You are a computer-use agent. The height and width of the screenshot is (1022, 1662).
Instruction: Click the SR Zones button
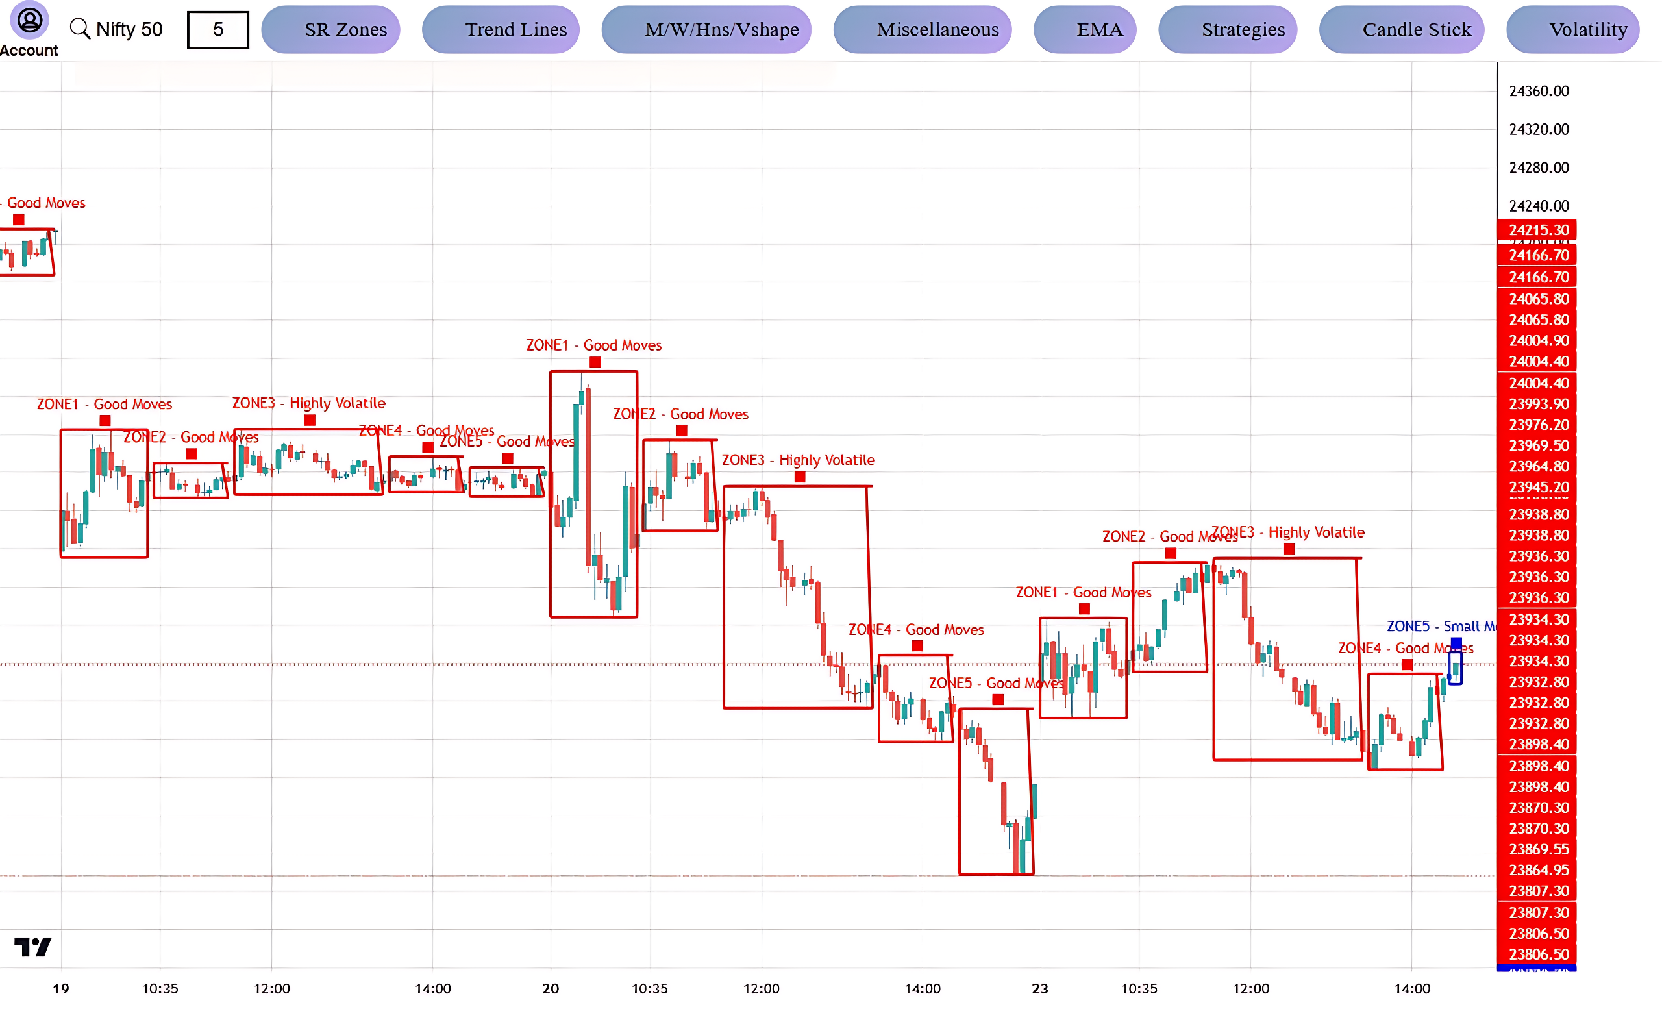point(330,30)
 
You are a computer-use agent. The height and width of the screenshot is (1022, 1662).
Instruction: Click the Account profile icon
point(30,20)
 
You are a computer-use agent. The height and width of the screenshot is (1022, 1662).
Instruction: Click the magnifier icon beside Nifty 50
point(80,29)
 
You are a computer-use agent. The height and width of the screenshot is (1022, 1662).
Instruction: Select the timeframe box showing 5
point(217,30)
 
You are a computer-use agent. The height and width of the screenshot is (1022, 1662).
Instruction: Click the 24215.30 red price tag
point(1537,230)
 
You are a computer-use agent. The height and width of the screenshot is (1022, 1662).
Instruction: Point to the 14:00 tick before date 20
point(432,988)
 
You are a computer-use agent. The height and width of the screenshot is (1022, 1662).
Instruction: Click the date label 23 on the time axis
point(1039,988)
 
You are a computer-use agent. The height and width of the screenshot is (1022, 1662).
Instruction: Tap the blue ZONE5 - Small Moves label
point(1441,626)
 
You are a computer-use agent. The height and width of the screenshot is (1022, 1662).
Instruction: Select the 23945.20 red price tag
point(1537,487)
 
